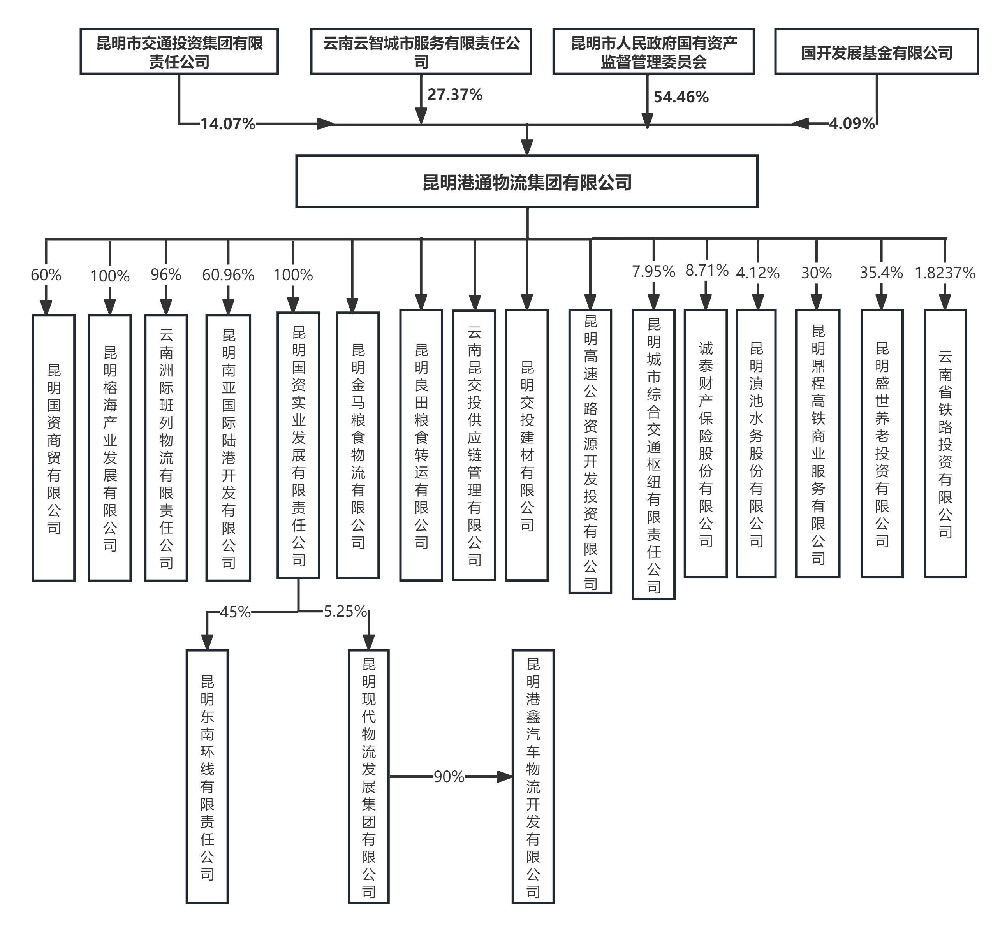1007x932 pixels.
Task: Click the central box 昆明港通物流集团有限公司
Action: [527, 181]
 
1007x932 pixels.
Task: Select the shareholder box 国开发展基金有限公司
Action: [876, 52]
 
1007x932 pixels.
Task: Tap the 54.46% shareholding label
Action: [681, 97]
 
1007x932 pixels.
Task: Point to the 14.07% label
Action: [228, 123]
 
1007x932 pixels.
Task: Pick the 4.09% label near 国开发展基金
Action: [852, 123]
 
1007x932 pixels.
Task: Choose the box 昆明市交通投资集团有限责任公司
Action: [179, 52]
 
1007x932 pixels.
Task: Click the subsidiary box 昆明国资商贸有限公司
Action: [53, 447]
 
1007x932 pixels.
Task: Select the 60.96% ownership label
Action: [228, 275]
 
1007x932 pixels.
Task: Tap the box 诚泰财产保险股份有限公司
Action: [705, 443]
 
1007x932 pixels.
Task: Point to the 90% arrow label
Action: [449, 777]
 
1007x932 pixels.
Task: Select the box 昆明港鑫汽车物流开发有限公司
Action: [533, 777]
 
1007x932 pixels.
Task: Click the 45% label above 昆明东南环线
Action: [235, 612]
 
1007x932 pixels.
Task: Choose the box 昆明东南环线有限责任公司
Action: [207, 777]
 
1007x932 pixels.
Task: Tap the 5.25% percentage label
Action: [345, 611]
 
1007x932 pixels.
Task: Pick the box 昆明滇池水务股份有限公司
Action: [756, 443]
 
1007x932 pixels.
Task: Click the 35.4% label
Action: [881, 273]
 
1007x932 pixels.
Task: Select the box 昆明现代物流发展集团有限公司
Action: [368, 777]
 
